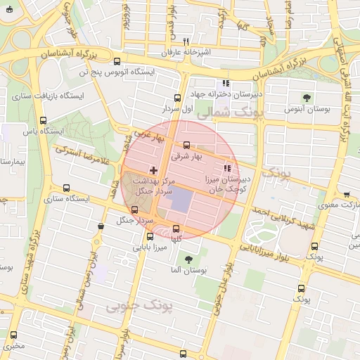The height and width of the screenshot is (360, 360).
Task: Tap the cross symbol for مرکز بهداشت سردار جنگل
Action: [x=153, y=170]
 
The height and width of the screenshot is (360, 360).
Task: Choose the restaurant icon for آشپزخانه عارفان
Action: [x=186, y=41]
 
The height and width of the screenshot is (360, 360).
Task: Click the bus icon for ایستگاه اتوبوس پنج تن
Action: [x=117, y=61]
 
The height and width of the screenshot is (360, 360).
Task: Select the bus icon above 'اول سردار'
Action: [x=176, y=98]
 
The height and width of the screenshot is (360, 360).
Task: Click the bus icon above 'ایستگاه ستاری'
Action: [x=66, y=188]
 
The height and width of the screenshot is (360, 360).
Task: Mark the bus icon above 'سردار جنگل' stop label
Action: [x=135, y=210]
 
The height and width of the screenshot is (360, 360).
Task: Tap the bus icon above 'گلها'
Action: [x=176, y=228]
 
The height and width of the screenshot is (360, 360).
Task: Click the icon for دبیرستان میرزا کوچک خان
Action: [x=226, y=167]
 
